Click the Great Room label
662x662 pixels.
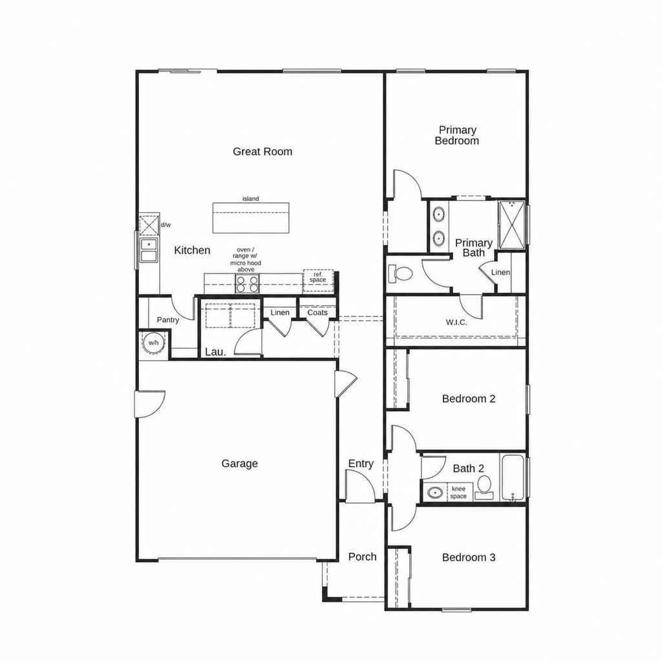262,151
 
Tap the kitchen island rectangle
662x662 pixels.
251,217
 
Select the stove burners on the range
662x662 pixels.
247,283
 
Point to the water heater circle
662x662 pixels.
153,343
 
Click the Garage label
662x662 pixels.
239,464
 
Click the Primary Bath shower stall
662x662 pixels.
512,224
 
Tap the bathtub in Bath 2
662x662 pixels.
513,478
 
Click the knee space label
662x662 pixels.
458,492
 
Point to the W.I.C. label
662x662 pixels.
456,323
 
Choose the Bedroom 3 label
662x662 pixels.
469,557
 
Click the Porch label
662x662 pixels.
362,557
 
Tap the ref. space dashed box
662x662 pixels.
318,281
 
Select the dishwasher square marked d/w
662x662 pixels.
149,225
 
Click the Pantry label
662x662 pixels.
168,320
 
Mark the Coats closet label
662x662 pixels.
317,312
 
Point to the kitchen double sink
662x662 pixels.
149,250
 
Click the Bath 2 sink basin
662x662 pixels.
435,492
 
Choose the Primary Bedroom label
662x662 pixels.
457,136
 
